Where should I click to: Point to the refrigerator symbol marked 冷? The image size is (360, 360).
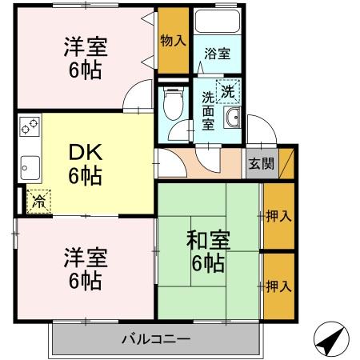pyautogui.click(x=38, y=202)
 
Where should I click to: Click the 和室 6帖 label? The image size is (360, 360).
pyautogui.click(x=209, y=250)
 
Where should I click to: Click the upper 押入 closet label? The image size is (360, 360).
pyautogui.click(x=278, y=216)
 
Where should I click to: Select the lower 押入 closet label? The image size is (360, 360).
pyautogui.click(x=278, y=285)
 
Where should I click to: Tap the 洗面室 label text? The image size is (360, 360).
pyautogui.click(x=208, y=112)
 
